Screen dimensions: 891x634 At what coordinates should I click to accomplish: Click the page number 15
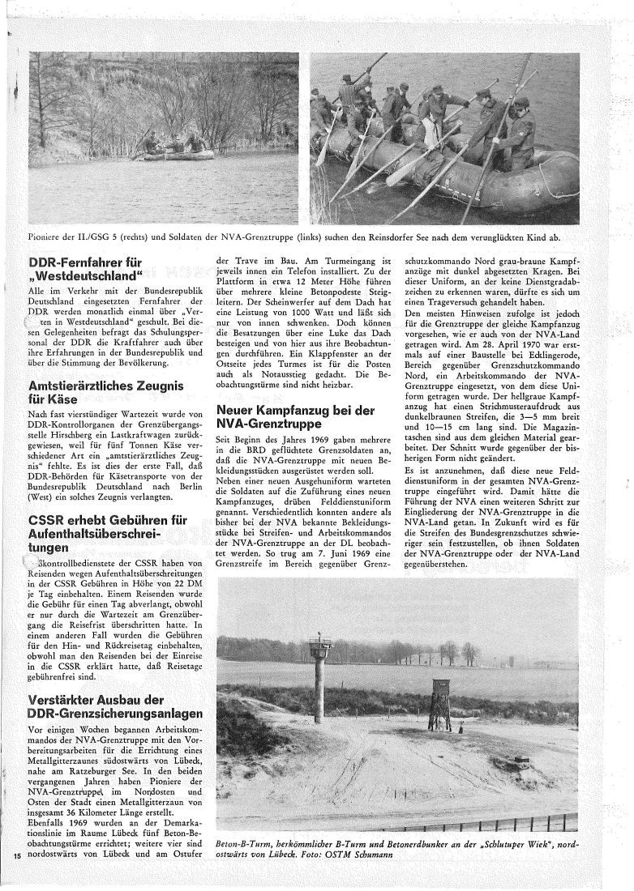coord(17,857)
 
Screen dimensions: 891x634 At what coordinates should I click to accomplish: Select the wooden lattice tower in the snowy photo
coord(439,706)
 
